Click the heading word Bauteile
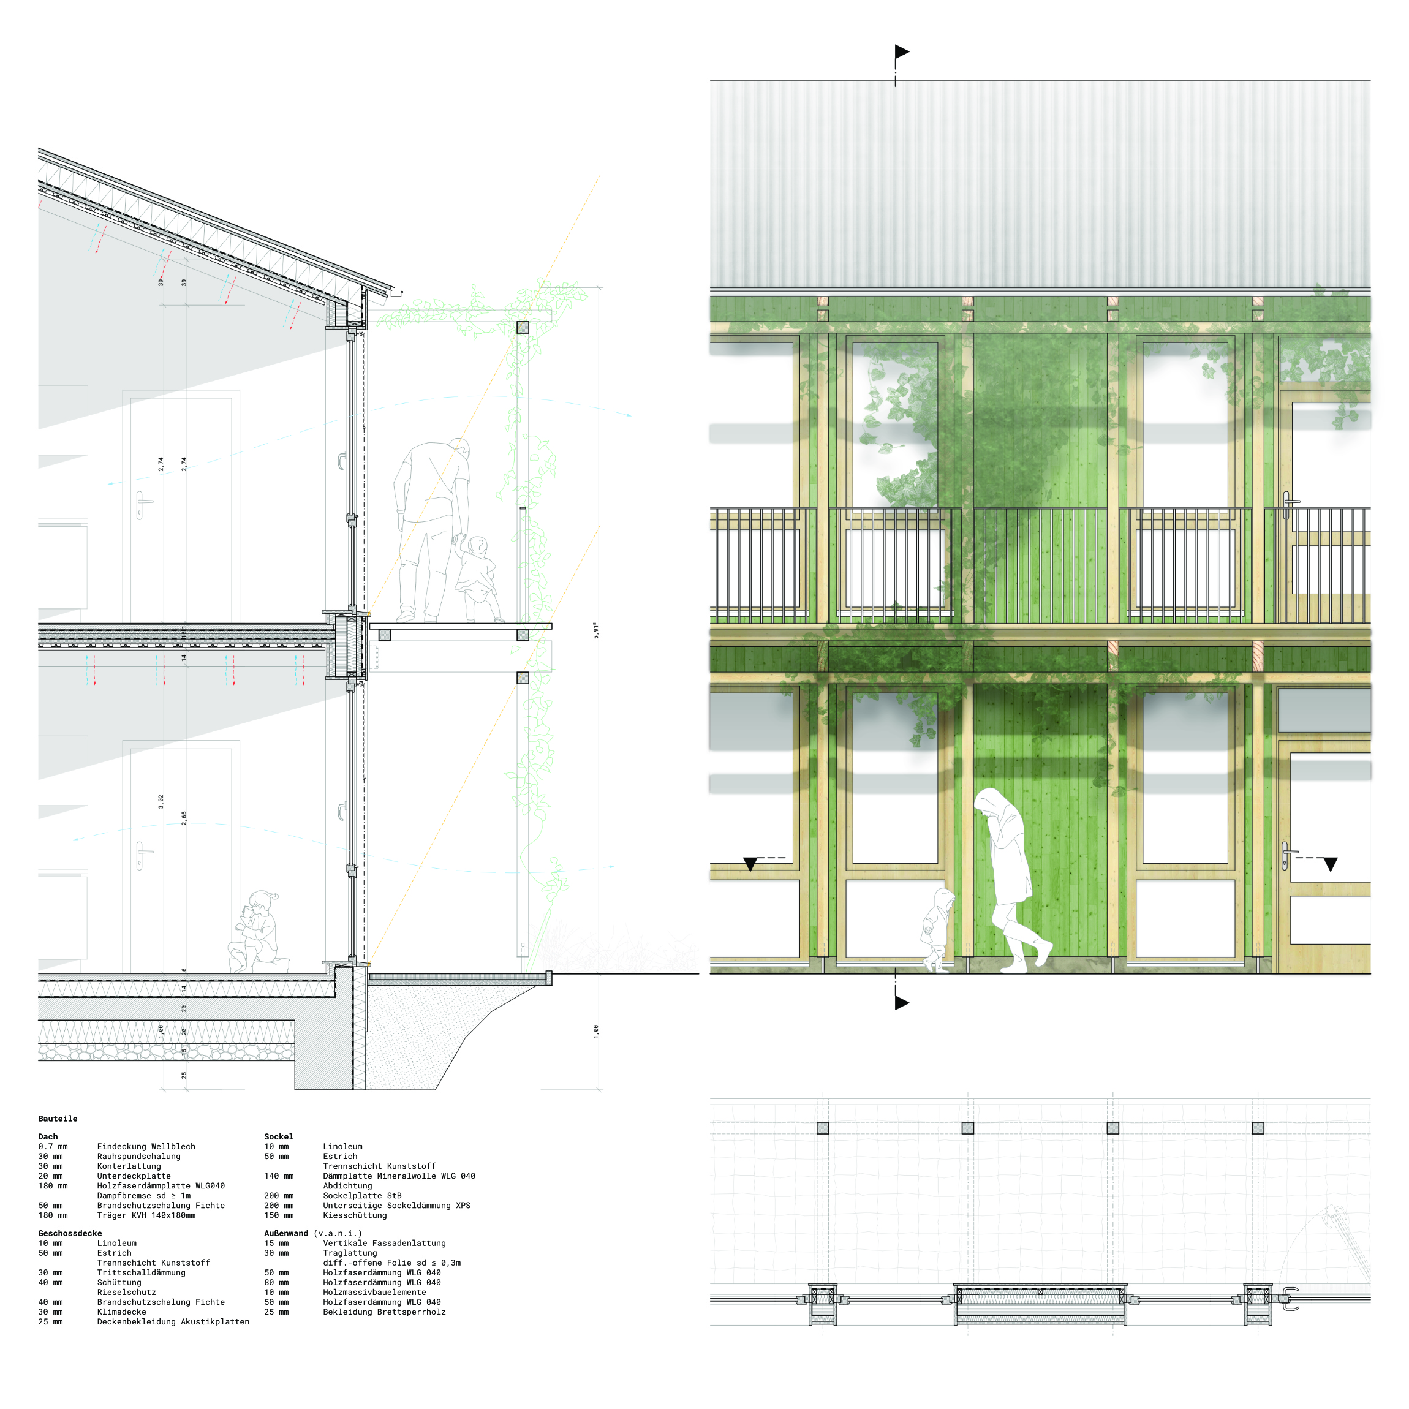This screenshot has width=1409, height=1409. click(58, 1119)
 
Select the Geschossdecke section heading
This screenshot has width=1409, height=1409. click(70, 1233)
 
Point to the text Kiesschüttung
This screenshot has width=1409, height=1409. click(355, 1215)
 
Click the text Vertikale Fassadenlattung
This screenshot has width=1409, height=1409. click(383, 1244)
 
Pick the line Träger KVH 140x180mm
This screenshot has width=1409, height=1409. click(146, 1215)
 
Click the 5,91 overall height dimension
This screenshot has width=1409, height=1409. click(596, 631)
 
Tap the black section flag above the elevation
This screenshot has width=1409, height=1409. click(902, 52)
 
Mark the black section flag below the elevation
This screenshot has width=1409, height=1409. click(902, 1003)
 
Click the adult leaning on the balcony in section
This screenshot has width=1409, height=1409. click(430, 525)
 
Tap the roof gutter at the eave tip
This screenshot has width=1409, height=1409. click(398, 293)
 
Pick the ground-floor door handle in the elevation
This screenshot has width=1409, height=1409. click(1286, 854)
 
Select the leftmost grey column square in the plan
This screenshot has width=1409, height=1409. click(823, 1128)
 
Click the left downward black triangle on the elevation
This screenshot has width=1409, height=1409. click(750, 864)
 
